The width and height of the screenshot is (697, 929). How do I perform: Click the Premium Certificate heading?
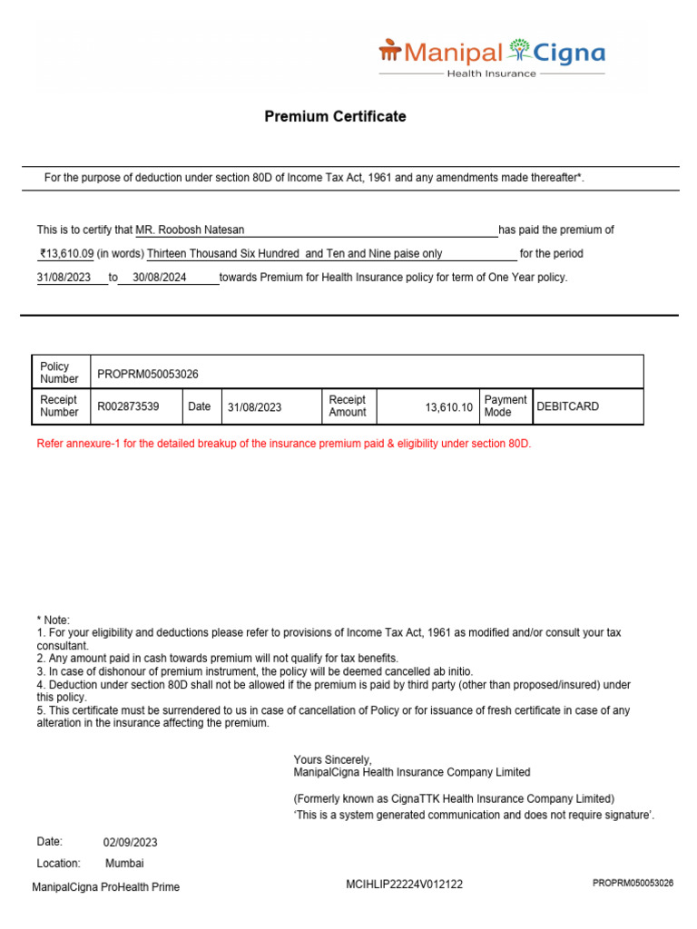335,117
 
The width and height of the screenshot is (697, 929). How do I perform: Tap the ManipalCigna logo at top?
491,56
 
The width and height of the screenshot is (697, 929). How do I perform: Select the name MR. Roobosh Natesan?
190,230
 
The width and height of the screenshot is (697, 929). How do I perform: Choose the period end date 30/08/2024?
160,278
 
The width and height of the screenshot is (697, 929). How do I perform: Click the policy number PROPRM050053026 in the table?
148,374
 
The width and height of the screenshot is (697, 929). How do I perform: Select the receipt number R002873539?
128,406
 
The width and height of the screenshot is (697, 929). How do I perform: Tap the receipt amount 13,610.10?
448,407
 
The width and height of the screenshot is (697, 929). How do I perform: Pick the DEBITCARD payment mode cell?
568,406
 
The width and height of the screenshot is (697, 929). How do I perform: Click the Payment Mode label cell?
506,406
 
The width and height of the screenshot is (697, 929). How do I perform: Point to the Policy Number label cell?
60,373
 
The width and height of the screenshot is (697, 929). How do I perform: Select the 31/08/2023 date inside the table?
254,407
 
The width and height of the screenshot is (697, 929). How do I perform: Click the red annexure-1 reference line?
284,444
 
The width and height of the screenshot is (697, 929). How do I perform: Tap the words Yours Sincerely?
332,759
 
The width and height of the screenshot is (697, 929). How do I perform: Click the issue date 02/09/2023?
131,843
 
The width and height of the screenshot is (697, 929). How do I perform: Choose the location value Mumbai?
124,864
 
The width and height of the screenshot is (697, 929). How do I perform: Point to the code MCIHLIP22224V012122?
405,885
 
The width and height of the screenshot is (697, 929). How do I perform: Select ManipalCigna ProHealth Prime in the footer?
106,887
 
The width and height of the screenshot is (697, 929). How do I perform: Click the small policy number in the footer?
633,883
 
